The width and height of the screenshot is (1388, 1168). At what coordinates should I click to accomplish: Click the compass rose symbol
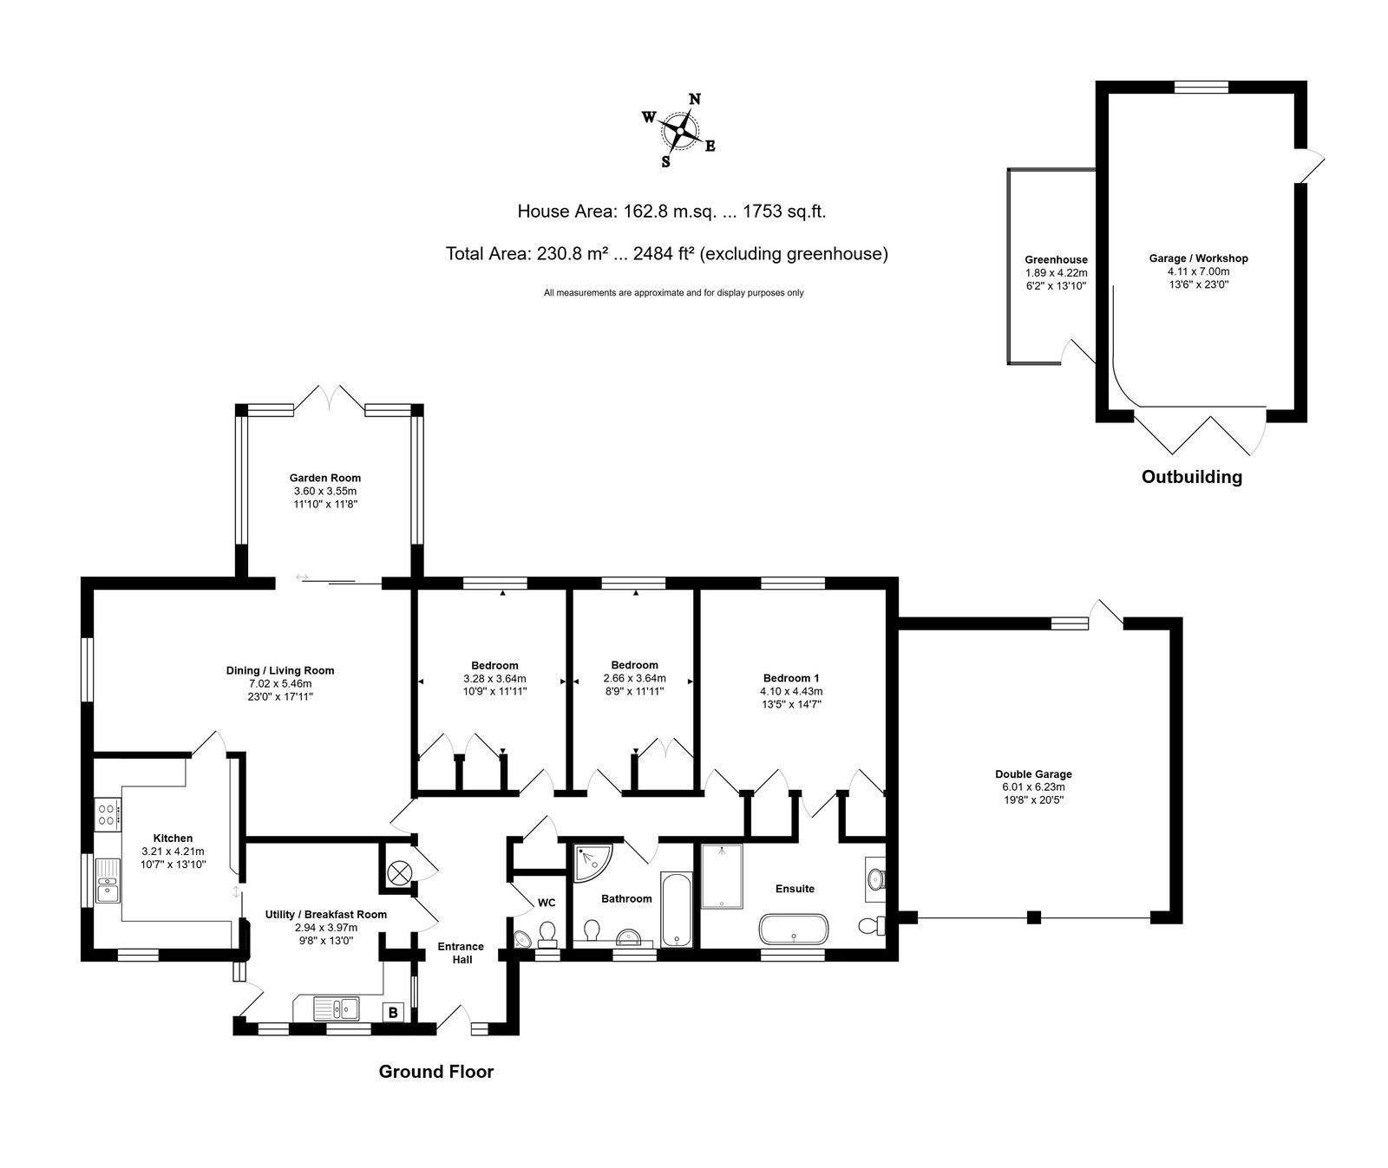(680, 131)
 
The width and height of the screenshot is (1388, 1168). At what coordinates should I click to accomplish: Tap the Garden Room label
(325, 478)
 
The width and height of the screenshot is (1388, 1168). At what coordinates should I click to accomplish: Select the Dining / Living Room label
(280, 670)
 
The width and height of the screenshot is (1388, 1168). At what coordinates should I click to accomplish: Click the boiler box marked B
(393, 1012)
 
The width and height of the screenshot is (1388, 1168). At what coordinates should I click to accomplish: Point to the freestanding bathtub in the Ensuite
(794, 930)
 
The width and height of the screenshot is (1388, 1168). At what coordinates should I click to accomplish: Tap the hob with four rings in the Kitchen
(108, 814)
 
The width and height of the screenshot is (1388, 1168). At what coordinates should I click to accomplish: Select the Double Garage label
(1033, 774)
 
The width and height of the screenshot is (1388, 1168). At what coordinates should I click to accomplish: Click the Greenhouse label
(1056, 259)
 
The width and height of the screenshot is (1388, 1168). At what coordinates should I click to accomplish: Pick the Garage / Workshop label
(1198, 258)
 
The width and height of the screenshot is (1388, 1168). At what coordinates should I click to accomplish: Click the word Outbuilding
(1191, 477)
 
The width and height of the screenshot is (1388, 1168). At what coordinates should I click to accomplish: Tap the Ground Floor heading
(436, 1072)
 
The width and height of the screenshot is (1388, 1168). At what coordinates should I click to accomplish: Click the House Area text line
(678, 212)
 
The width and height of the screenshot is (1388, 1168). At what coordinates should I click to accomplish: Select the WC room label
(547, 903)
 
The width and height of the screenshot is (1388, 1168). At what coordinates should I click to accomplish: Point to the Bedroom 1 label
(791, 678)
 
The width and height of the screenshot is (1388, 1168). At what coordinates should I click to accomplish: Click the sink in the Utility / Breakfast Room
(337, 1008)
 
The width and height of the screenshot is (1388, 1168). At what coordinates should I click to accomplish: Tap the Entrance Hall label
(461, 953)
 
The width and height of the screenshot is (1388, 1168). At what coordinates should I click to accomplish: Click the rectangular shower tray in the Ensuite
(722, 876)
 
